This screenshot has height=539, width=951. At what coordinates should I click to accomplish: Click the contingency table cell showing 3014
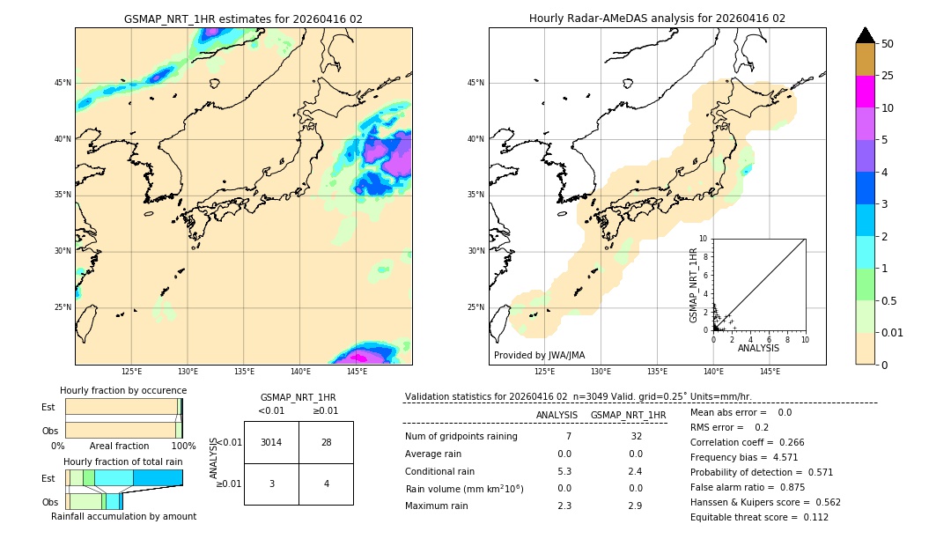click(x=271, y=442)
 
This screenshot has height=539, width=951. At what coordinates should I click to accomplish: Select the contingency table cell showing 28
click(x=326, y=442)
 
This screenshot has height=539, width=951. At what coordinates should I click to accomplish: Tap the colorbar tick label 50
click(x=888, y=44)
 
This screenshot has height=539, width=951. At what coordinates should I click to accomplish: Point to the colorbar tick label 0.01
click(x=893, y=332)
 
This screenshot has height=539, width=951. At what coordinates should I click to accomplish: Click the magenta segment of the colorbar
click(x=865, y=92)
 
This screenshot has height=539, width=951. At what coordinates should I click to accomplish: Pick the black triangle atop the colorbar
click(x=865, y=35)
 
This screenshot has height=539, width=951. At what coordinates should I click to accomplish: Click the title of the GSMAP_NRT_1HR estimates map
click(x=243, y=18)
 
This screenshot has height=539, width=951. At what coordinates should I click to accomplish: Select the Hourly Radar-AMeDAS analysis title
click(x=657, y=18)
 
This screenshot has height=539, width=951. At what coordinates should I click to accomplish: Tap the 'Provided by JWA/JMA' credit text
click(x=539, y=355)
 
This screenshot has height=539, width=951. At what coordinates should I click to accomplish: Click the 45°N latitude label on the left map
click(x=63, y=83)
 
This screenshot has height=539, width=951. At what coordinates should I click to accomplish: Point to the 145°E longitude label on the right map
click(x=770, y=372)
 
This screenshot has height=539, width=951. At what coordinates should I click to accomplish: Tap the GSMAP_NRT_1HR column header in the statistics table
click(x=628, y=415)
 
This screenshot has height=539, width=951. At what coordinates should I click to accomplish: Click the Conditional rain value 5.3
click(x=564, y=470)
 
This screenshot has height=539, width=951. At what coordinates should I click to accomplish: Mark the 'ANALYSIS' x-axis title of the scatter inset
click(x=758, y=348)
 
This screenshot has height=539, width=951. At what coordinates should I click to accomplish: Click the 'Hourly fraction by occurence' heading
click(x=123, y=390)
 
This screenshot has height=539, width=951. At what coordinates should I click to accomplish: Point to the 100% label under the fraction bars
click(x=183, y=446)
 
